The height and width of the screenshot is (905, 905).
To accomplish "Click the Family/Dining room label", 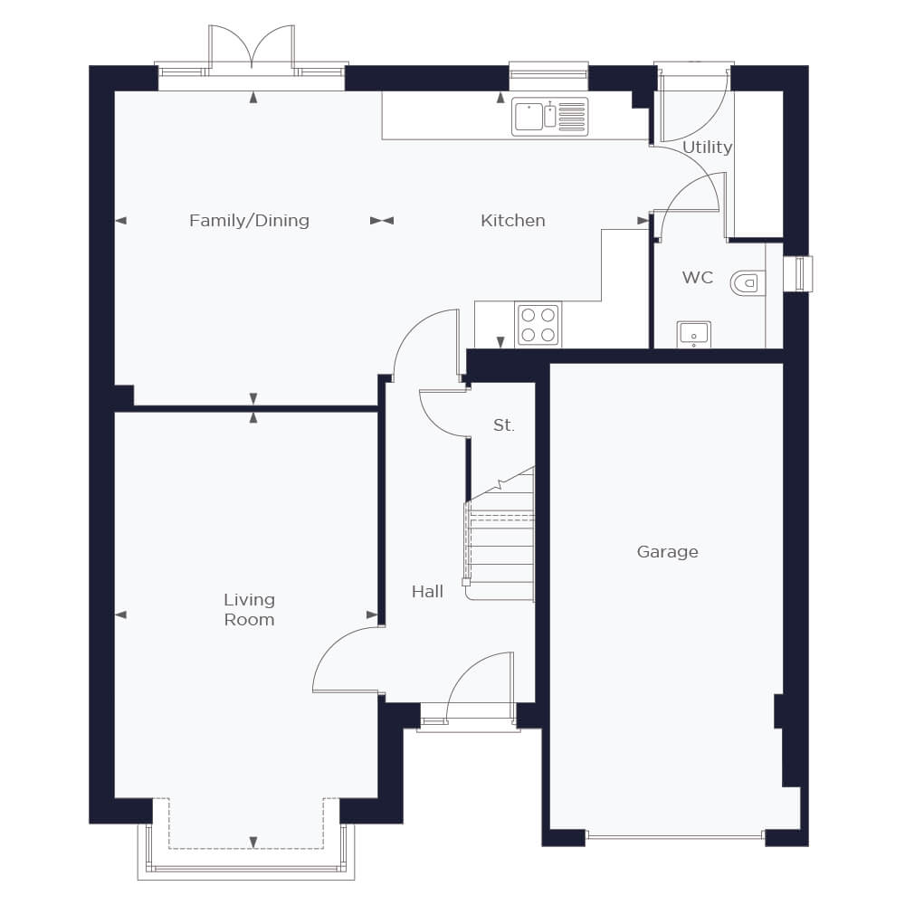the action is pos(250,221).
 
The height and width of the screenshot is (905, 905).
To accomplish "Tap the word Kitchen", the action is pos(513,221).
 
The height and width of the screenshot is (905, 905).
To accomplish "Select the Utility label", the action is pos(707,148).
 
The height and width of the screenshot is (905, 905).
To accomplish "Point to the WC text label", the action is pos(697,278).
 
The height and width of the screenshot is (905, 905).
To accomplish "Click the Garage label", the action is pos(668,552).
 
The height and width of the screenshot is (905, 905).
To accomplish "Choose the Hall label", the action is pos(428,592).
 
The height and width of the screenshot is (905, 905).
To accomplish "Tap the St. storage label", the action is pos(503,425).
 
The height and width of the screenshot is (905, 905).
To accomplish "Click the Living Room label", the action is pos(250,609).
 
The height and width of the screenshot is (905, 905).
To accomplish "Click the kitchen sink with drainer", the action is pos(549,116).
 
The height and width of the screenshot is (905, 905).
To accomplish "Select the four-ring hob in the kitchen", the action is pos(538,324).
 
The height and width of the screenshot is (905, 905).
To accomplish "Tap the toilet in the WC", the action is pos(748,283).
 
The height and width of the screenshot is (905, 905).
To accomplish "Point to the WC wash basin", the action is pos(694,335).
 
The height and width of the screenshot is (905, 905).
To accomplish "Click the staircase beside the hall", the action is pos(500,534).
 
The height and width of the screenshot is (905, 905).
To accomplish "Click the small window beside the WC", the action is pos(802,273).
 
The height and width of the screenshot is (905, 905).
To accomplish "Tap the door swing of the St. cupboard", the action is pos(443,414).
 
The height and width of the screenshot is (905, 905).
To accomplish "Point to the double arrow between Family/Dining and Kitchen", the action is pos(382,221).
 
